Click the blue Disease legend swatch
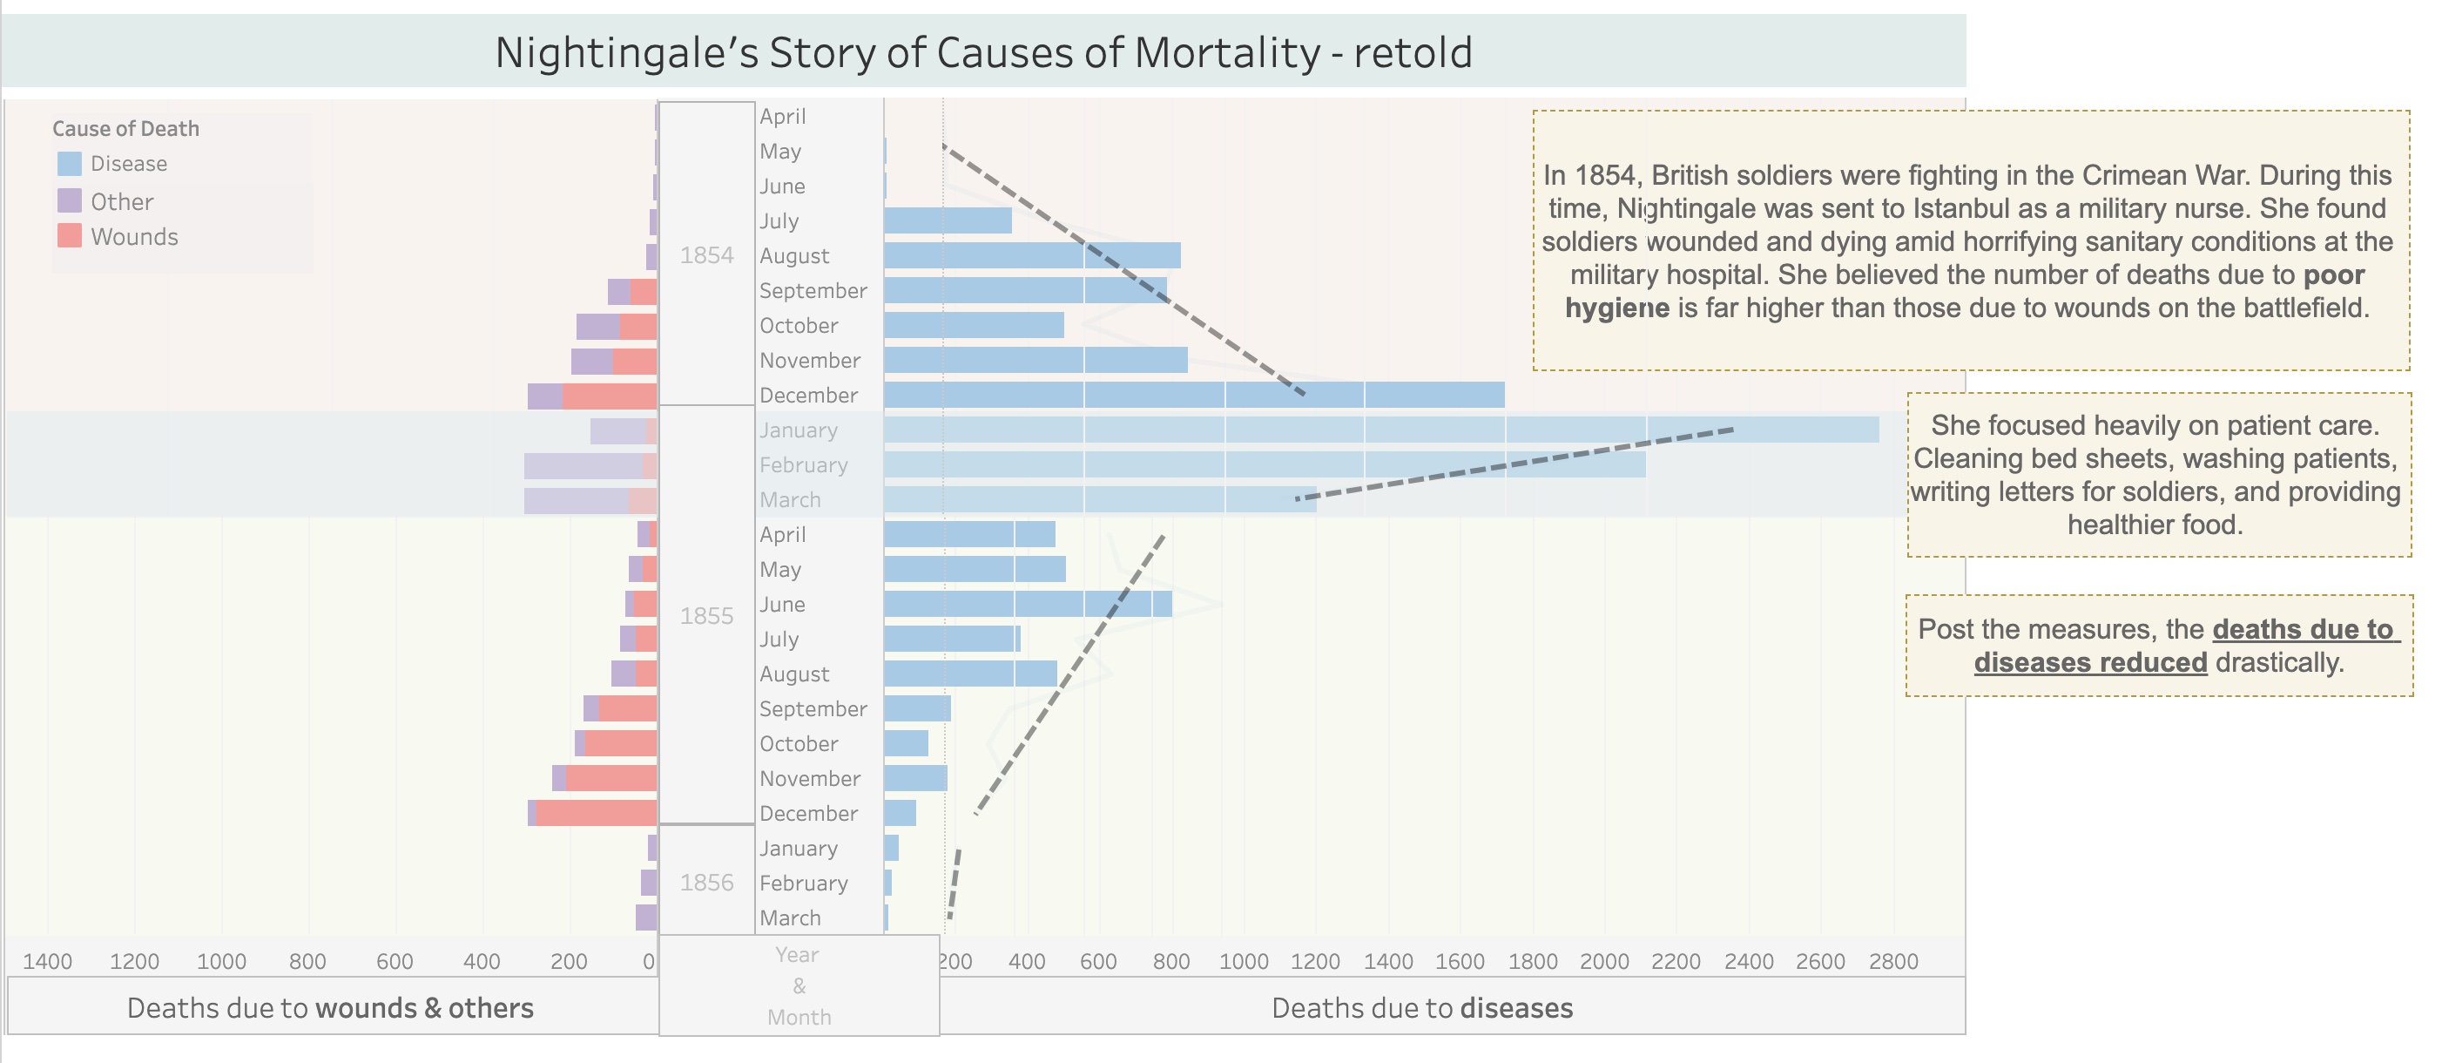(x=69, y=164)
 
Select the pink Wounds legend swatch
(x=69, y=236)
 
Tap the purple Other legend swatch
(x=69, y=201)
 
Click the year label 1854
(x=706, y=255)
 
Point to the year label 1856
(x=706, y=883)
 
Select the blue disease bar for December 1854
(x=1193, y=396)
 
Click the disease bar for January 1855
(x=1380, y=430)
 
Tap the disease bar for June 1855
(x=1028, y=604)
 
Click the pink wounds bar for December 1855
(x=597, y=814)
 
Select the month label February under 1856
(x=803, y=884)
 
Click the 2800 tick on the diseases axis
(x=1893, y=962)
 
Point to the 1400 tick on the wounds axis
(x=47, y=962)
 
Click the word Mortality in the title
(x=1227, y=53)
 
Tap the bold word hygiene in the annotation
(x=1616, y=308)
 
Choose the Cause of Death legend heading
(x=125, y=129)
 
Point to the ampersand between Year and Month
(x=799, y=986)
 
